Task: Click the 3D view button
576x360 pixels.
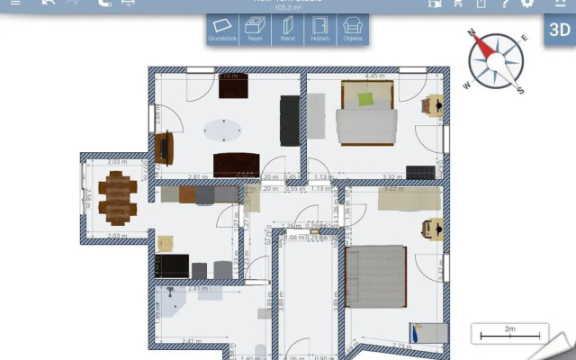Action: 559,28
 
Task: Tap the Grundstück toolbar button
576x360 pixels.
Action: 222,30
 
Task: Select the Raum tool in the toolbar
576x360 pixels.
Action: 255,30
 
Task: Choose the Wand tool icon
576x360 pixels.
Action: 287,30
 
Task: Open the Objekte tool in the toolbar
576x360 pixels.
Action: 352,30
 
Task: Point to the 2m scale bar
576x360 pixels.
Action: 510,334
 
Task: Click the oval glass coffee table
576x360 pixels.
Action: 221,130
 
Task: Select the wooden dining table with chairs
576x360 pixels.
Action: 118,196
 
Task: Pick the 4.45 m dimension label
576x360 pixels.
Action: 375,76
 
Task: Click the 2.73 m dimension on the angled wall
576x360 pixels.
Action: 402,345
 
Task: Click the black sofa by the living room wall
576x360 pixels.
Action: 290,121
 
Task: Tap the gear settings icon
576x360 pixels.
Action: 527,4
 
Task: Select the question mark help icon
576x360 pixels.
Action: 505,4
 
